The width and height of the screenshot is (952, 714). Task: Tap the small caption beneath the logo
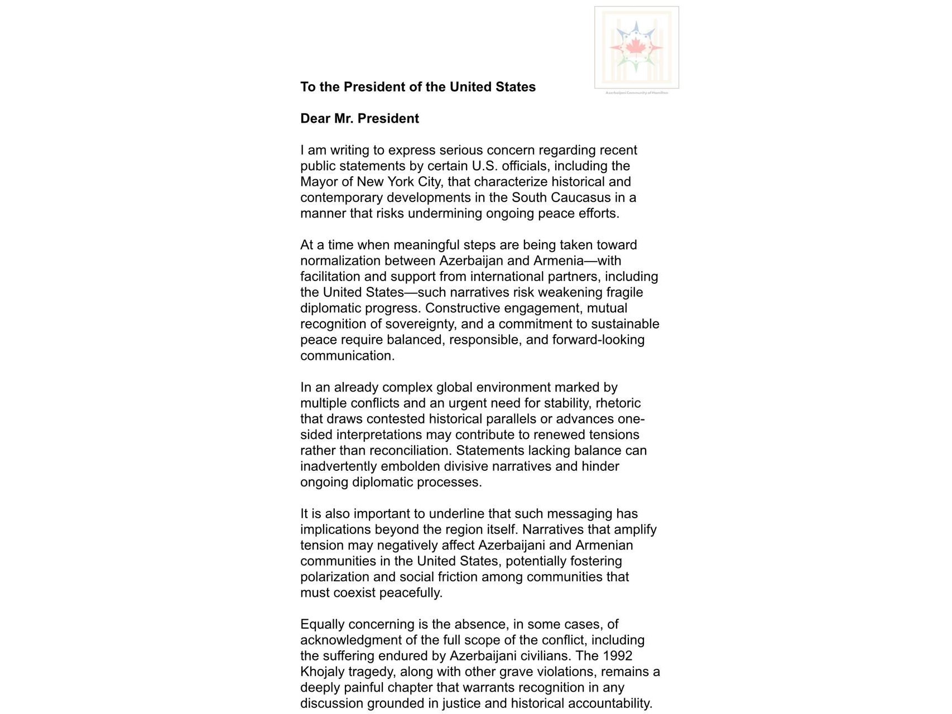tap(636, 93)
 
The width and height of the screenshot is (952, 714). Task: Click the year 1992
tap(617, 656)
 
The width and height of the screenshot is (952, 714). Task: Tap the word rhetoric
tap(618, 403)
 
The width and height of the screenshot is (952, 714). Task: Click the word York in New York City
tap(401, 182)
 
